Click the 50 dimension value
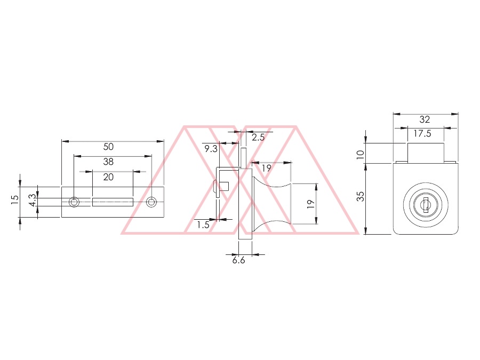[108, 147]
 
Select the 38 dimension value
[108, 162]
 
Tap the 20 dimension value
[108, 177]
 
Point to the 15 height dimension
[15, 199]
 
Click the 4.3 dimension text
[33, 201]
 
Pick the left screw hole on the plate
[74, 202]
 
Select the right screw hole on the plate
[151, 202]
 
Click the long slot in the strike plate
[113, 202]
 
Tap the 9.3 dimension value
[211, 149]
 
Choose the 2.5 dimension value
[258, 138]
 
